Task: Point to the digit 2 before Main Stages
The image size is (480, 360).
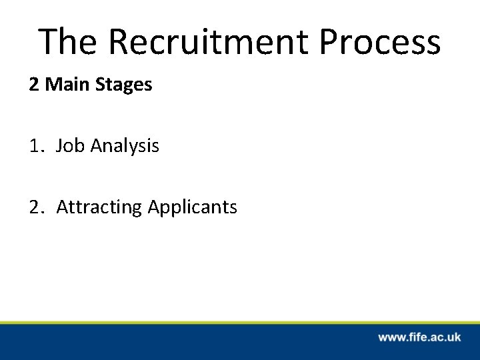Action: click(x=33, y=86)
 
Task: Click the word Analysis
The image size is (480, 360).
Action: click(x=122, y=146)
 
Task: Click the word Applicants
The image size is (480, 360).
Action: click(x=192, y=208)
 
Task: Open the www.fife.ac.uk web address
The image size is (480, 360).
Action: click(x=419, y=337)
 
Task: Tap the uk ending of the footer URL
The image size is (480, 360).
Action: click(x=453, y=337)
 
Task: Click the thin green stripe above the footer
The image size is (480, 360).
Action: click(x=240, y=322)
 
